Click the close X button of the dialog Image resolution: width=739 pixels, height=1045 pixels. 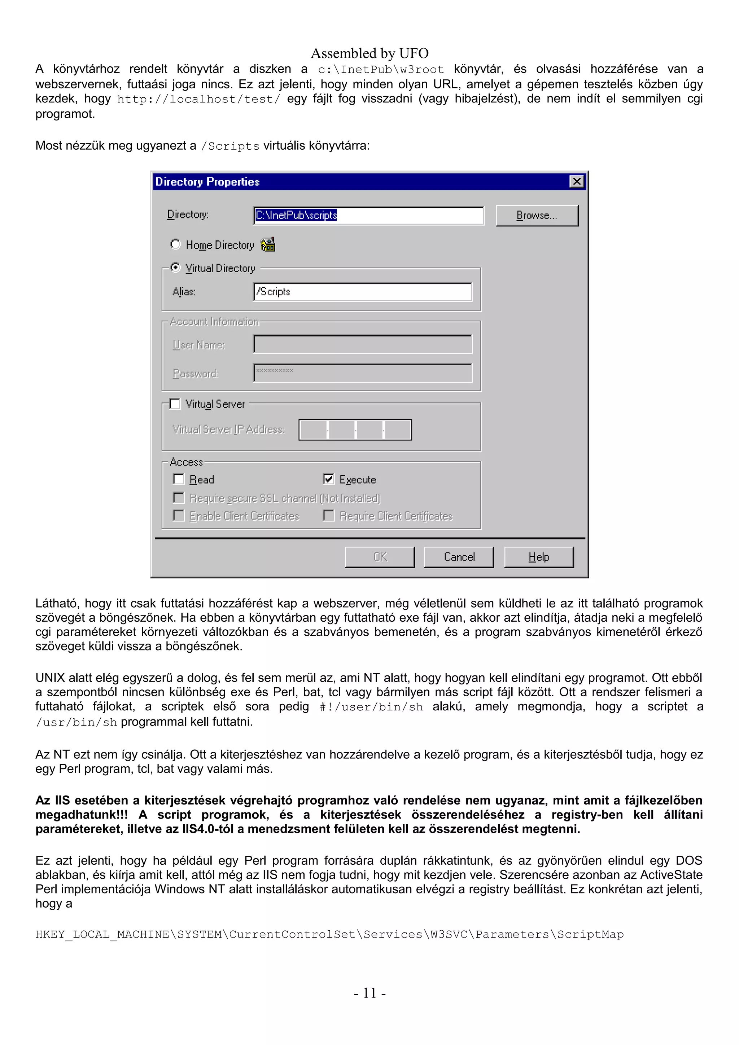pos(577,182)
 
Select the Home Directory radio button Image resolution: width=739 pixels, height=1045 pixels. pos(175,244)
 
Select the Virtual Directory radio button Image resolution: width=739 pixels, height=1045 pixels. pos(175,268)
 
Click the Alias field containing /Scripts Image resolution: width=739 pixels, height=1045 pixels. pos(362,292)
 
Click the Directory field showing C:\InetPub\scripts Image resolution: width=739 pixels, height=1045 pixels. pos(368,215)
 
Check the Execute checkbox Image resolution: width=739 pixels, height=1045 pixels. pos(328,479)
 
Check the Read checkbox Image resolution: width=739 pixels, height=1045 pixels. pos(179,479)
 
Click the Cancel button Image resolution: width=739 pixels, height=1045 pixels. pos(459,557)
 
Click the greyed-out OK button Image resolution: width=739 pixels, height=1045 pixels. pos(379,557)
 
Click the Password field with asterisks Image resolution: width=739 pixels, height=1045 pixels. pos(362,373)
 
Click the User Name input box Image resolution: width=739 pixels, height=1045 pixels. pos(362,344)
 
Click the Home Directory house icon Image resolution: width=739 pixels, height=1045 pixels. pos(268,244)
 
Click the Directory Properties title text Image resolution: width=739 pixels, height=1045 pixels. pos(207,182)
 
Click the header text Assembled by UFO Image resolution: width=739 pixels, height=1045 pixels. pos(369,53)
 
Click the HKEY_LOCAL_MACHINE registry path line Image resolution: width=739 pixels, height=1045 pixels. pos(329,934)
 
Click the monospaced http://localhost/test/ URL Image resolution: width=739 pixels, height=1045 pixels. pos(198,99)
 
